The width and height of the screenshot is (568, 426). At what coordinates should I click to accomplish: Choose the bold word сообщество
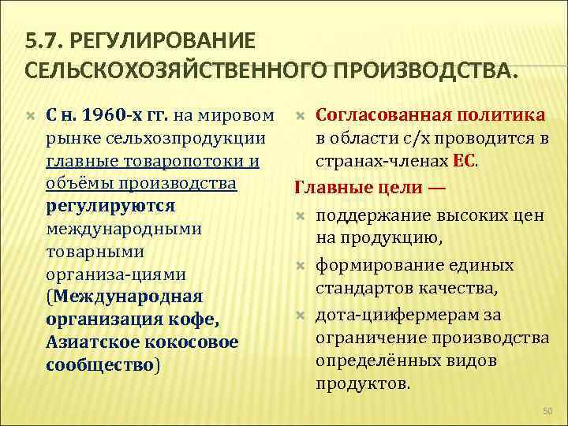tap(101, 364)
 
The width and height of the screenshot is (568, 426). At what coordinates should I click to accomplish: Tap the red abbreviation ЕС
tap(464, 161)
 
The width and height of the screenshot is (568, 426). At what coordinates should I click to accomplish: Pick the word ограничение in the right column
tap(367, 338)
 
